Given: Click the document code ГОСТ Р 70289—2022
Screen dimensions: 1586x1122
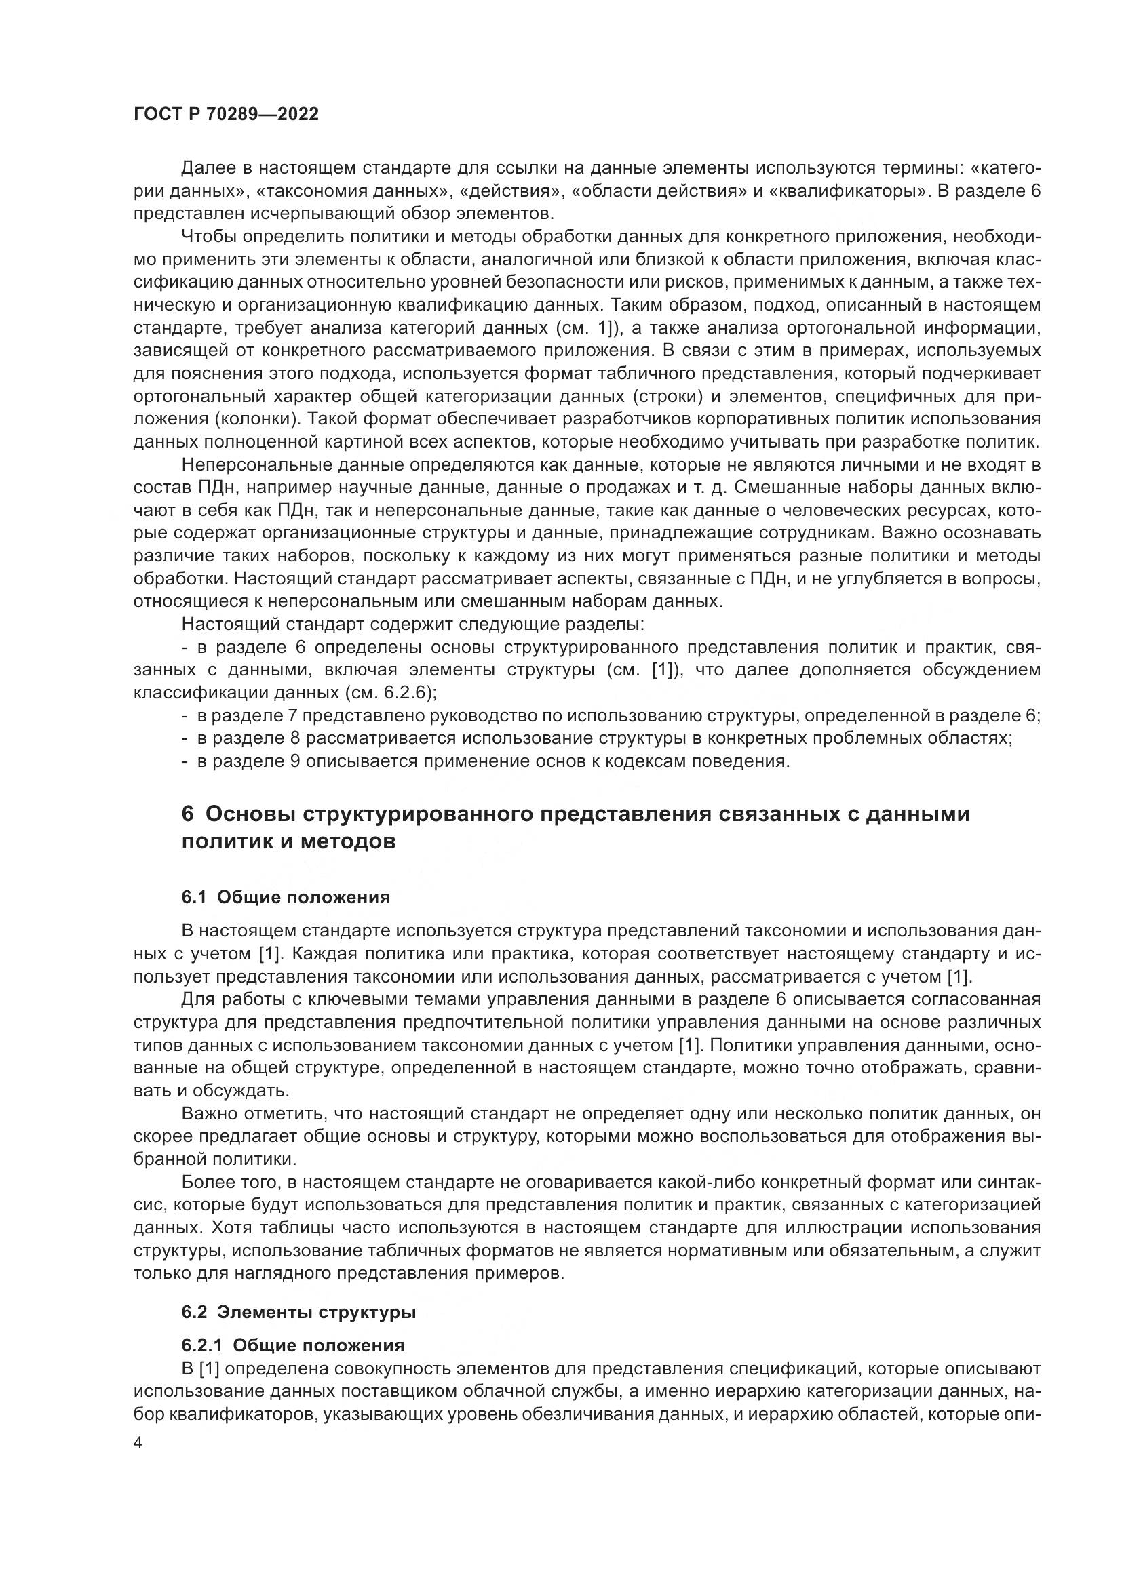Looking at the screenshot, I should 226,115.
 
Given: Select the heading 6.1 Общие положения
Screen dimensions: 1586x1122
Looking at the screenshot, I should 286,897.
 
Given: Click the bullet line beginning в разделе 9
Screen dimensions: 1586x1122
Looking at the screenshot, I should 485,761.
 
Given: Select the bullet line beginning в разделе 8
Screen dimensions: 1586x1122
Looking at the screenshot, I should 597,738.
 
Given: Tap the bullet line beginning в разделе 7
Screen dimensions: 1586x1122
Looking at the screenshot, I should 611,715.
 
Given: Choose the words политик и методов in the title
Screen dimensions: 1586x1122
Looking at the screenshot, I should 288,842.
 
